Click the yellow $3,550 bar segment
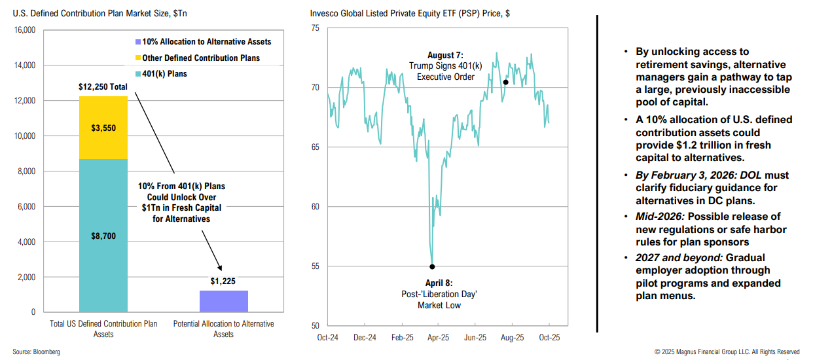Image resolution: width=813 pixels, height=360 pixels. point(103,128)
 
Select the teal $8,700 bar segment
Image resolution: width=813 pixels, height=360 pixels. point(103,236)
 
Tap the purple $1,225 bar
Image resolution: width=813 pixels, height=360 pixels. point(223,301)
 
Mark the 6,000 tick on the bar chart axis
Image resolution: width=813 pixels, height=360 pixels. point(26,207)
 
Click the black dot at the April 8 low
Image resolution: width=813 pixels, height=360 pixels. point(432,266)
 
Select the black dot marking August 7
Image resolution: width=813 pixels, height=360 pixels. point(505,82)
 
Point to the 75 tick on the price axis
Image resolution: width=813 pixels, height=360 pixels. point(315,28)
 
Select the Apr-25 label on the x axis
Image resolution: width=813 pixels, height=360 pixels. point(438,338)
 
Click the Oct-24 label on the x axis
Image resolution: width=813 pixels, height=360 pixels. point(327,338)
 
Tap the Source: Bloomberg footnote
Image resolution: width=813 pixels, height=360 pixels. point(36,352)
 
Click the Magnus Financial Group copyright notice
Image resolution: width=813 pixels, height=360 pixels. point(727,352)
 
